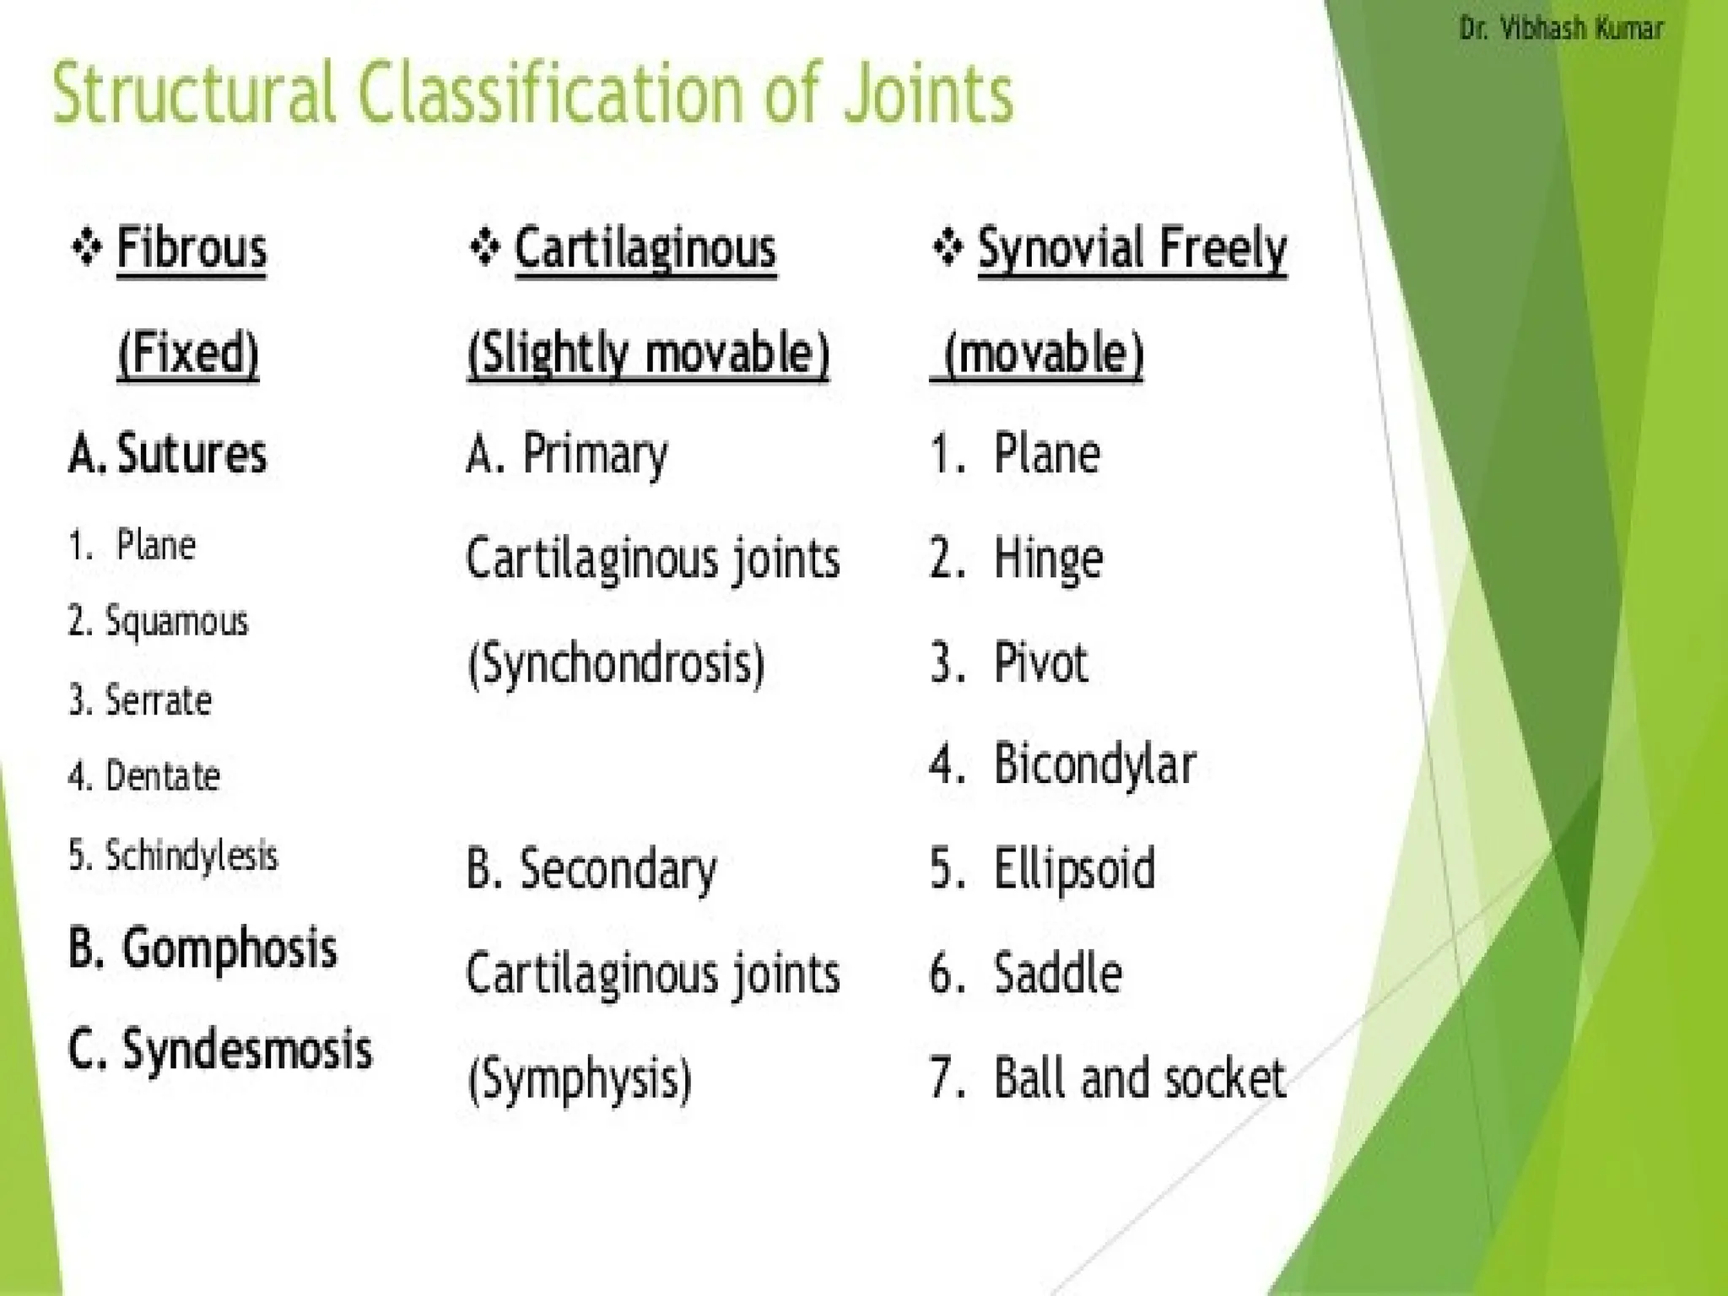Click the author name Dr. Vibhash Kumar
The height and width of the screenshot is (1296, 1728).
(x=1561, y=30)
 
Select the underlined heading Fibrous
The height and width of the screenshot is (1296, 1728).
(x=192, y=249)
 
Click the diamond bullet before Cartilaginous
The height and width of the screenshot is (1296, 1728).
(x=485, y=248)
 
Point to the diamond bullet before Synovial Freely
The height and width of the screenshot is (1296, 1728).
(x=948, y=248)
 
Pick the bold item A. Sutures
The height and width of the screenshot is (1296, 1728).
(x=167, y=454)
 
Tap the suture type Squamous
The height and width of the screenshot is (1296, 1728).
(x=176, y=623)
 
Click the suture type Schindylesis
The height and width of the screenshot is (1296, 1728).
(x=191, y=856)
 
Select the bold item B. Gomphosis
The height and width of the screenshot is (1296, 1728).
(x=202, y=949)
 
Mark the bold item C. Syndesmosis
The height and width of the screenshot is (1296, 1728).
(x=219, y=1050)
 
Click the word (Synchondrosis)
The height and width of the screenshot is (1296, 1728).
(x=616, y=663)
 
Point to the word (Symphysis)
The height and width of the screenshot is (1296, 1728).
(x=580, y=1079)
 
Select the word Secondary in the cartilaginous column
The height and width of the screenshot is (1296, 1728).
(x=618, y=870)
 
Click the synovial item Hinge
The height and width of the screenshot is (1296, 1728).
(x=1048, y=559)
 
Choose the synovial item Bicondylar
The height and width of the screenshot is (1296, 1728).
(x=1094, y=765)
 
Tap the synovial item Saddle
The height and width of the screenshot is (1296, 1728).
(x=1058, y=974)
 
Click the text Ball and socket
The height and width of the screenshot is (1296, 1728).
(x=1139, y=1078)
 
